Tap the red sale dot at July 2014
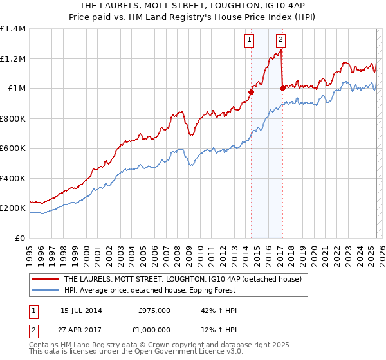coord(251,92)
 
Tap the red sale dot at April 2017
coord(282,88)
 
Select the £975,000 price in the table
coord(154,310)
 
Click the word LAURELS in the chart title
coord(128,5)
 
